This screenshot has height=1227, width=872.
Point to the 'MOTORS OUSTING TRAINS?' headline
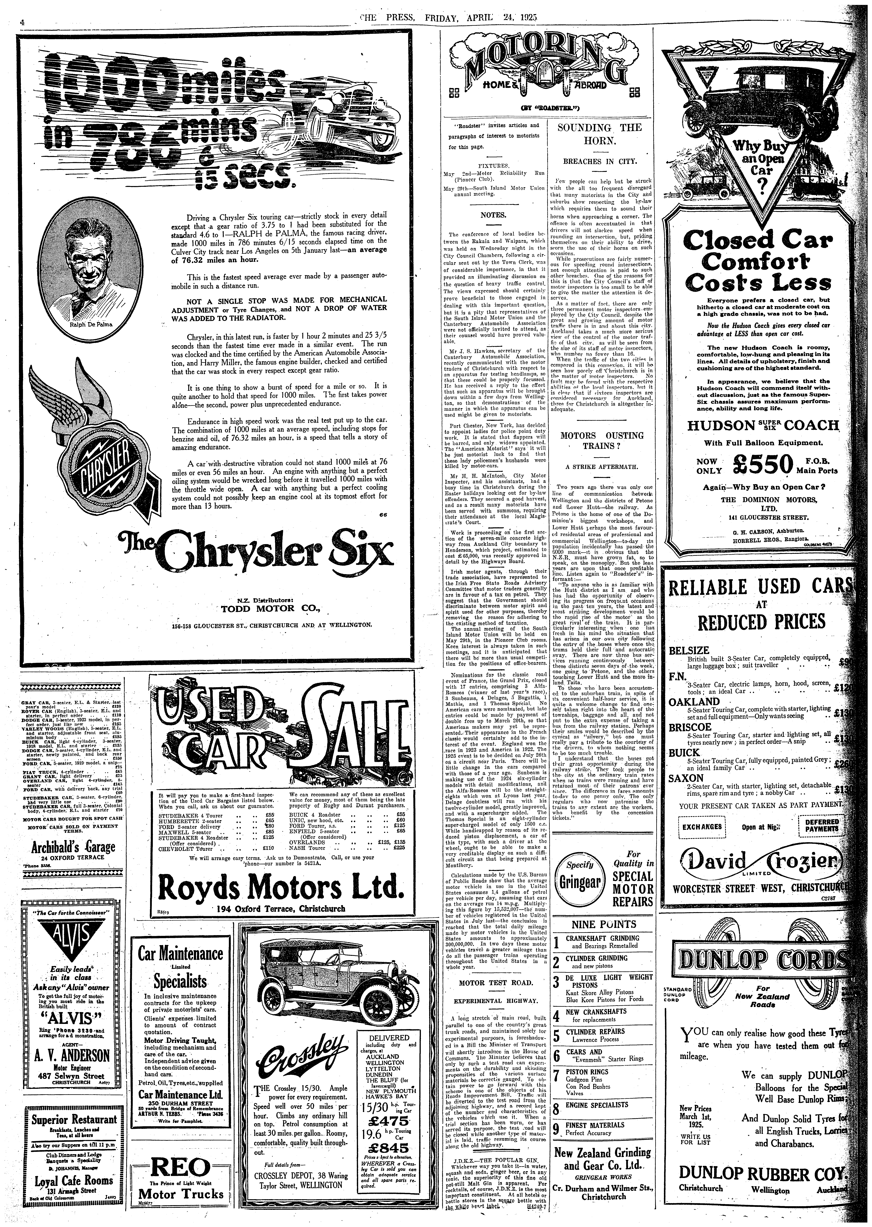click(x=601, y=440)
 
